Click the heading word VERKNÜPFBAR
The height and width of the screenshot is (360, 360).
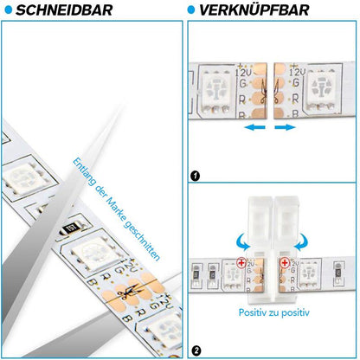point(252,10)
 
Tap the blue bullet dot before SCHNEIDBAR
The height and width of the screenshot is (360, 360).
point(7,10)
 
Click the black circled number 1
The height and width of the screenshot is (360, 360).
point(195,177)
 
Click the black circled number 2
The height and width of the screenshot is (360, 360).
point(195,350)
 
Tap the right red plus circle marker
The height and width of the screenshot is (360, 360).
point(285,261)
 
